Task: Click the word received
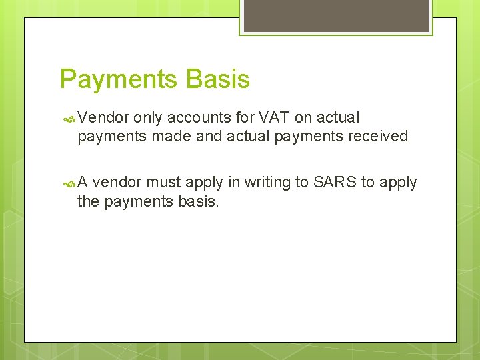[x=375, y=136]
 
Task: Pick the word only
[x=147, y=118]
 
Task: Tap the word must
[x=163, y=182]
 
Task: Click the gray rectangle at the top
[x=336, y=15]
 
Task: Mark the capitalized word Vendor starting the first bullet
[x=103, y=118]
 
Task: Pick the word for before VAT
[x=243, y=118]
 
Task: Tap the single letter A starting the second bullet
[x=83, y=182]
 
